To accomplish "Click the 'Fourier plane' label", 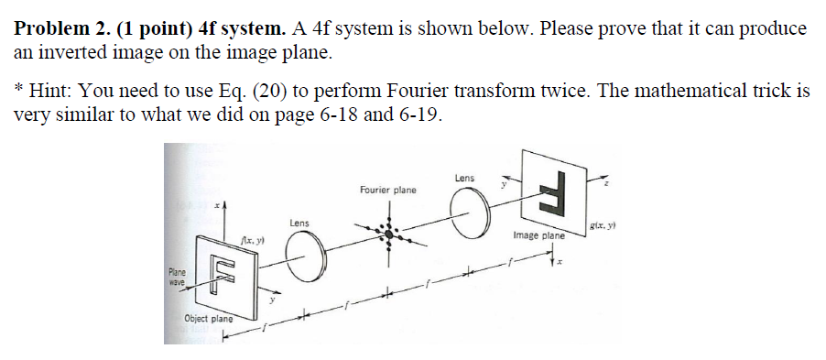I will [387, 191].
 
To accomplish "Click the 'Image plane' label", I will [539, 235].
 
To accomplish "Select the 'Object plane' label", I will [207, 319].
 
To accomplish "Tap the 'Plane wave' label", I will [177, 276].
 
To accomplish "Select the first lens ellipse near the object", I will [305, 251].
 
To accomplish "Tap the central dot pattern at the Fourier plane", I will [390, 233].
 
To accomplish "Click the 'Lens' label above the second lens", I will [463, 177].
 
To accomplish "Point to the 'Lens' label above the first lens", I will [299, 223].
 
